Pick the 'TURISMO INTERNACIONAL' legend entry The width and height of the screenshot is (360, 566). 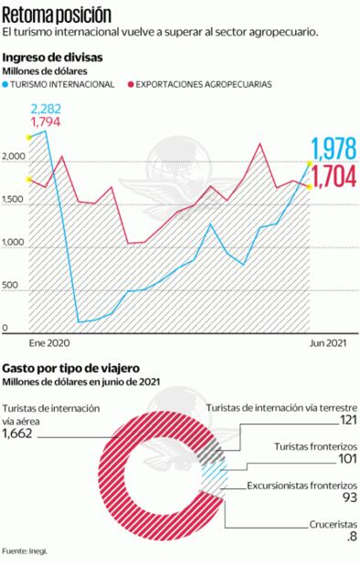tap(64, 83)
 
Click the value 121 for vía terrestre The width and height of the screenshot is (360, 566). tap(346, 421)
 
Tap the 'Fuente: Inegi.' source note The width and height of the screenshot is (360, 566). tap(26, 551)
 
